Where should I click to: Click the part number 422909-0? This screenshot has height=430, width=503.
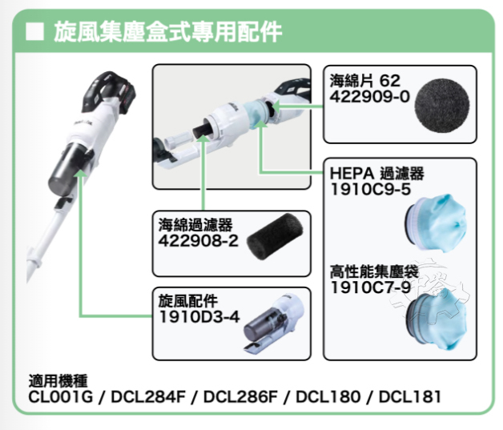pyautogui.click(x=368, y=95)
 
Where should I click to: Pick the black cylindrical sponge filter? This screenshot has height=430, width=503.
pyautogui.click(x=274, y=232)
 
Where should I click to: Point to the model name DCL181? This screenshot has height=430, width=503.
pyautogui.click(x=409, y=396)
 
